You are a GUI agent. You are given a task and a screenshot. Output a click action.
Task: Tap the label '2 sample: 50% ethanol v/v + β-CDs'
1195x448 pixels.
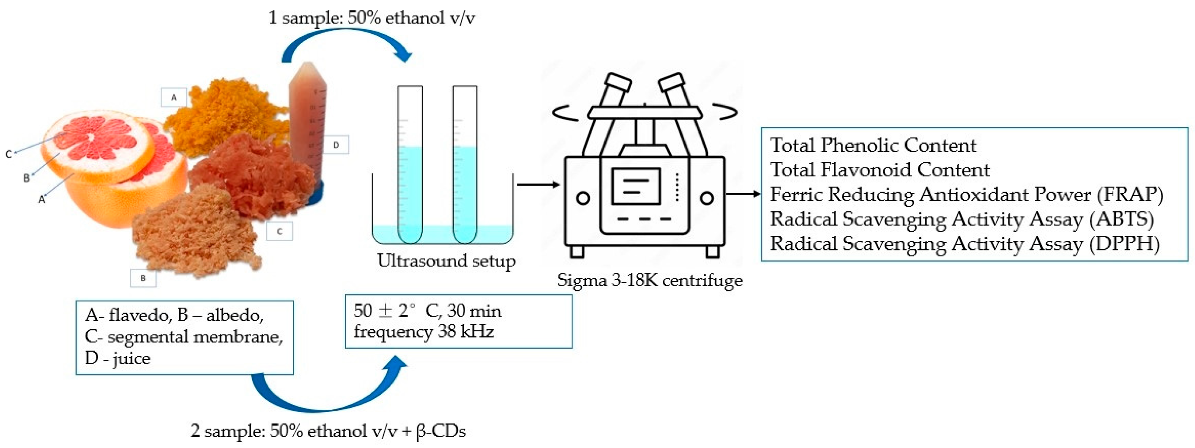(x=328, y=431)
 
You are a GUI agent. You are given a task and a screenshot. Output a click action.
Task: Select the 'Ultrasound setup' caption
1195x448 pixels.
(x=446, y=260)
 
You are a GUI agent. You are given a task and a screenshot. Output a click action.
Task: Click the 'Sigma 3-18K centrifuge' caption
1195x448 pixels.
(x=649, y=280)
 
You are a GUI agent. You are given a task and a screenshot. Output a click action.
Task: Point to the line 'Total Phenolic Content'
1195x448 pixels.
(x=873, y=145)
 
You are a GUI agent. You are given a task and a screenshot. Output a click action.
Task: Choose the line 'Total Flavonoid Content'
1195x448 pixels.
(x=880, y=170)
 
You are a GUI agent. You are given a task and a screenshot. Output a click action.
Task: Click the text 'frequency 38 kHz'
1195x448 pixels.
(x=424, y=332)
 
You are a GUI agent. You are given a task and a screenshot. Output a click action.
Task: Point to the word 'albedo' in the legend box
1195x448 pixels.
(x=235, y=315)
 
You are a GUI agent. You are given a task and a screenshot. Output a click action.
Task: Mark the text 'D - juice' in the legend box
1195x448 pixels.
(x=118, y=358)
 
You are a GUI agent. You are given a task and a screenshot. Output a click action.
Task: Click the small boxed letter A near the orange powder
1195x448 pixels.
(x=174, y=97)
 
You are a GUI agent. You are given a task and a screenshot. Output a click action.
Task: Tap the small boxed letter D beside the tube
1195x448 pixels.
(x=336, y=145)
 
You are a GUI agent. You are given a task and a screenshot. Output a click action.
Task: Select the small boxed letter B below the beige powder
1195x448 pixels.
(x=143, y=278)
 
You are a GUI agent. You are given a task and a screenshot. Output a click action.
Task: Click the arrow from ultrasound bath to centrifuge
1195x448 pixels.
(x=538, y=185)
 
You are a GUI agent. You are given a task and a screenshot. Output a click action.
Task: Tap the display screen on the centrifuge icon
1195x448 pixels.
(x=636, y=186)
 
